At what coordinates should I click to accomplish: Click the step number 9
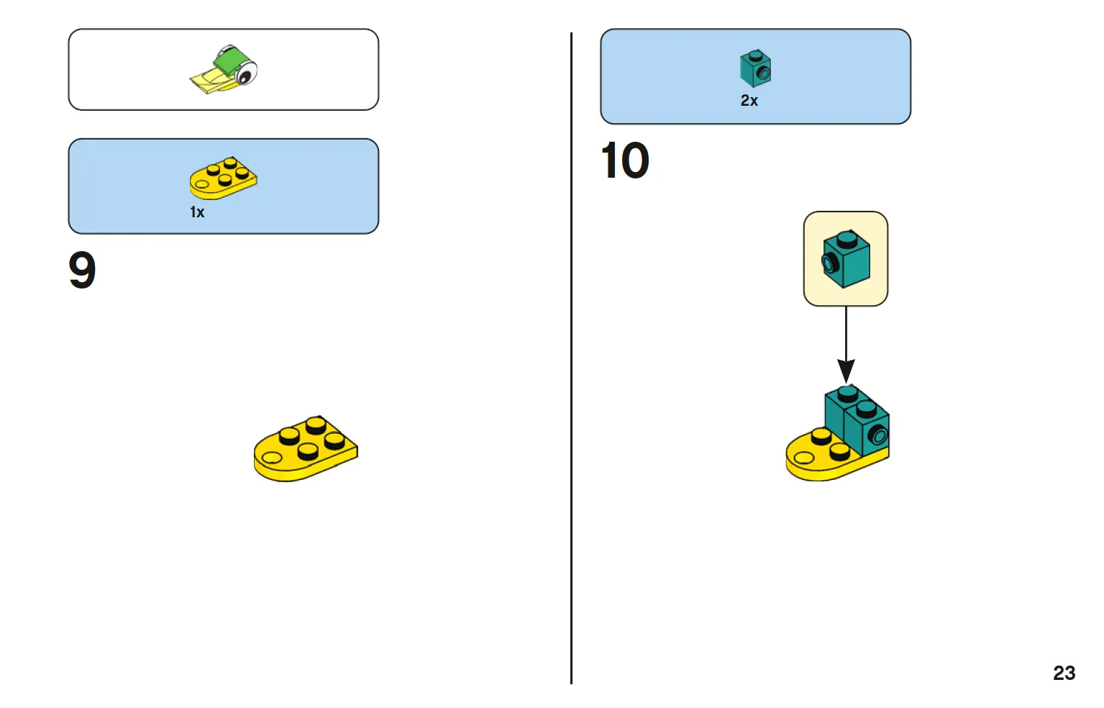[82, 270]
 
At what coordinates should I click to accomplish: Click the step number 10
[625, 160]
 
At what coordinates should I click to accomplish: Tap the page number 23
[1064, 673]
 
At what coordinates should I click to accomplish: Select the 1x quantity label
[197, 212]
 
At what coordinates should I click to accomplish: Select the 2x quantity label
[749, 101]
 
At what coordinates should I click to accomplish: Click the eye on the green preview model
[245, 76]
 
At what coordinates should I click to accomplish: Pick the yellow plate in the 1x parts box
[223, 178]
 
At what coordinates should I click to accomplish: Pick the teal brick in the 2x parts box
[756, 68]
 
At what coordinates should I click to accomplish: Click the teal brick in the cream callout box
[846, 259]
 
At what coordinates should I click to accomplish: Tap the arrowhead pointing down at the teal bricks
[846, 371]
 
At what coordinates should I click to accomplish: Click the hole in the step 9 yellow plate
[272, 458]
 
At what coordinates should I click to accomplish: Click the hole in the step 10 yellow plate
[804, 458]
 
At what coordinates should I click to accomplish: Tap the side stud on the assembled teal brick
[878, 435]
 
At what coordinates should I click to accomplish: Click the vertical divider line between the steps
[571, 358]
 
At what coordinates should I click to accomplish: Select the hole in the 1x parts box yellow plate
[201, 185]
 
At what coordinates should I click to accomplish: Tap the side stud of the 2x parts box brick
[764, 74]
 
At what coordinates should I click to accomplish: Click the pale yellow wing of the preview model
[209, 81]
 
